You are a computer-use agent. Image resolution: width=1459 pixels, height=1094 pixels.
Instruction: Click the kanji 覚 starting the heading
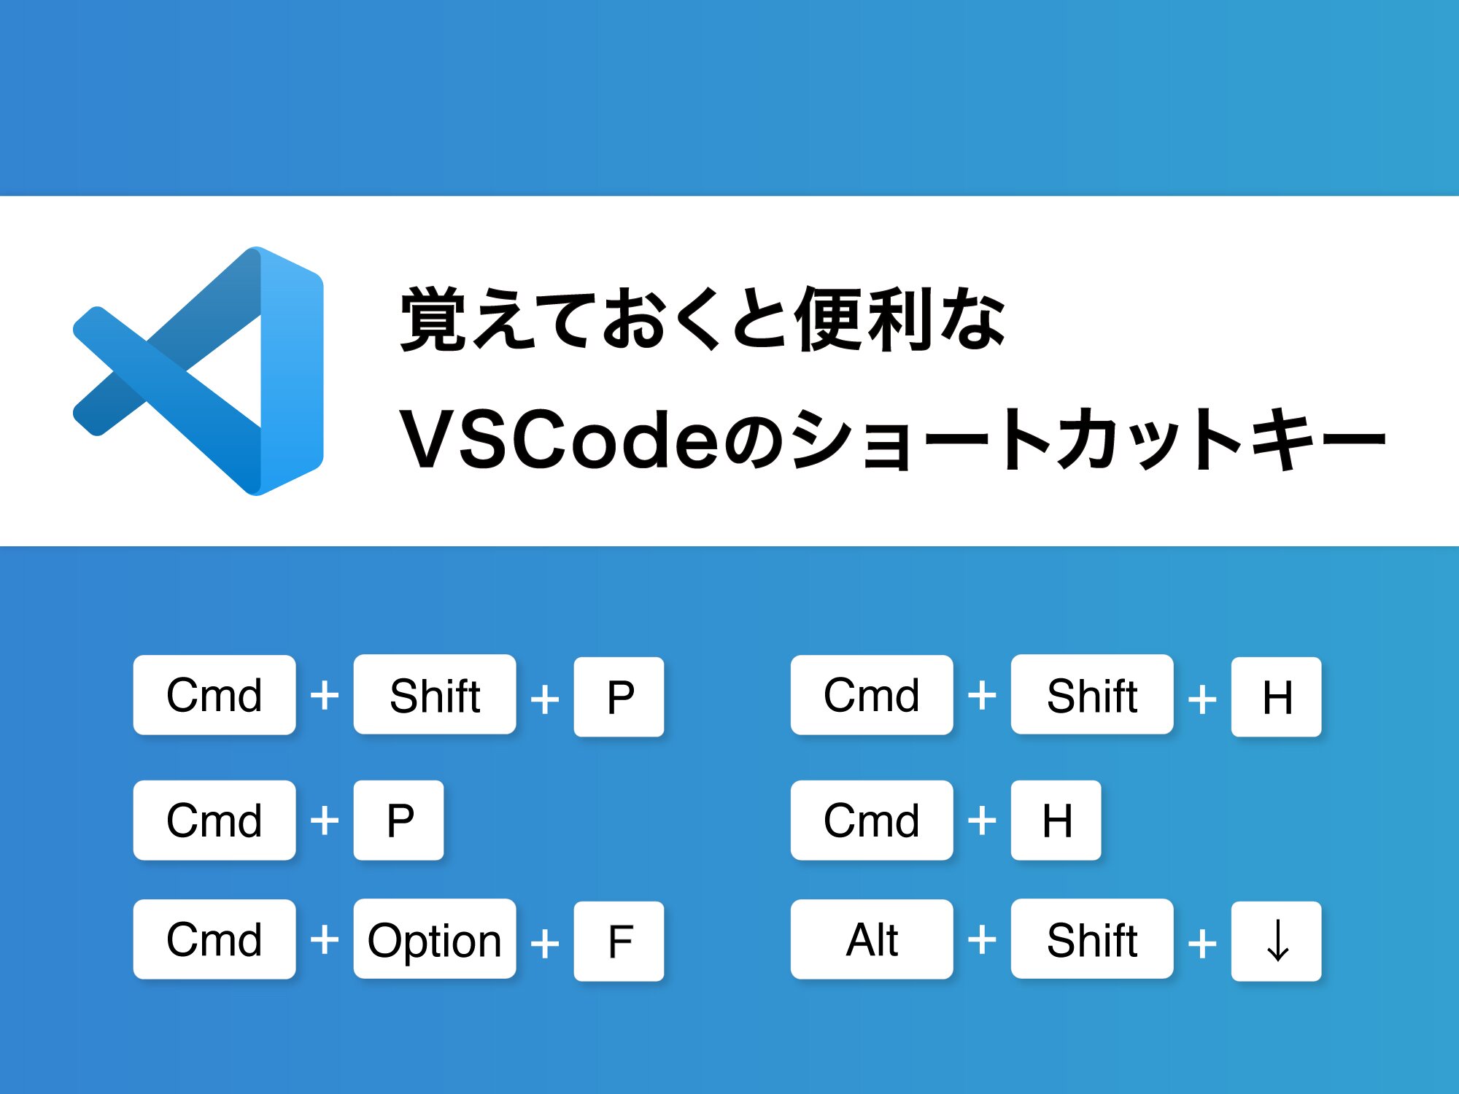coord(433,319)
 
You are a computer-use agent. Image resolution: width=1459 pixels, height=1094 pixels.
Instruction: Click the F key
coord(619,941)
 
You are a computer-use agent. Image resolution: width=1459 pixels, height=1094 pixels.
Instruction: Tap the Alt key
coord(872,939)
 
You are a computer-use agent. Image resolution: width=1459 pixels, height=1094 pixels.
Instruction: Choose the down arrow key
coord(1277,941)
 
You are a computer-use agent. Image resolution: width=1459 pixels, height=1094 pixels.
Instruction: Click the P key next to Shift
coord(619,697)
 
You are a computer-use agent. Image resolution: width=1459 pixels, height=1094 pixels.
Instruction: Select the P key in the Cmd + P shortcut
coord(398,820)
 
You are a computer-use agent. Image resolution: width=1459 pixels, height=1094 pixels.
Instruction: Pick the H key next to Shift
coord(1277,697)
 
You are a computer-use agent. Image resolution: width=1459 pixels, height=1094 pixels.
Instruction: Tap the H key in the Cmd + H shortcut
coord(1056,820)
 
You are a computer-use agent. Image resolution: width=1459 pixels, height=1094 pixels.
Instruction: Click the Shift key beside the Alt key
coord(1092,939)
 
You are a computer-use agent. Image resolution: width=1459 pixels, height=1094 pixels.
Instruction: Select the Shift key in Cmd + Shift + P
coord(435,694)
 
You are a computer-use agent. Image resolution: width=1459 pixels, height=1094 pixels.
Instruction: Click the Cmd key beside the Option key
coord(214,939)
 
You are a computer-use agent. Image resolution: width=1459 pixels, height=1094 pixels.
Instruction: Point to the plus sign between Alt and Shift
coord(982,939)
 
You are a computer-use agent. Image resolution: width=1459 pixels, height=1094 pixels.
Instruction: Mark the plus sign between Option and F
coord(545,944)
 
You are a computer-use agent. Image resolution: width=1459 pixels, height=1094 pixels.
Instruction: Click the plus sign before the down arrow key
coord(1202,944)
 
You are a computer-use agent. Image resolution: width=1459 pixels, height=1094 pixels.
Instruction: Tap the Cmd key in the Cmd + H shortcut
coord(872,820)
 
